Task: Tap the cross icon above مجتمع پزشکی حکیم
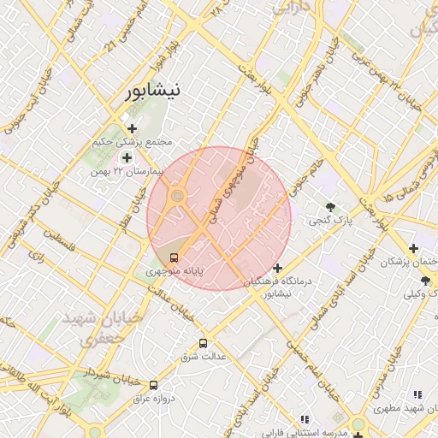pos(132,128)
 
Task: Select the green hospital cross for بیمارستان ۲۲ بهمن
pos(127,157)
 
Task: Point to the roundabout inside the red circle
pos(177,198)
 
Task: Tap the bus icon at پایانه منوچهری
pos(175,257)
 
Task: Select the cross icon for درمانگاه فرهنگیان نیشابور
pos(277,268)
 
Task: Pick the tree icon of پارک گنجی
pos(330,207)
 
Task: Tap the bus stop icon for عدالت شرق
pos(203,343)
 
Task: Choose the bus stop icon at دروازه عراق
pos(153,386)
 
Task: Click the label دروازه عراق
pos(157,399)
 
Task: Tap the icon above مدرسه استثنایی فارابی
pos(304,418)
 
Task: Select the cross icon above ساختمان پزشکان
pos(412,248)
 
